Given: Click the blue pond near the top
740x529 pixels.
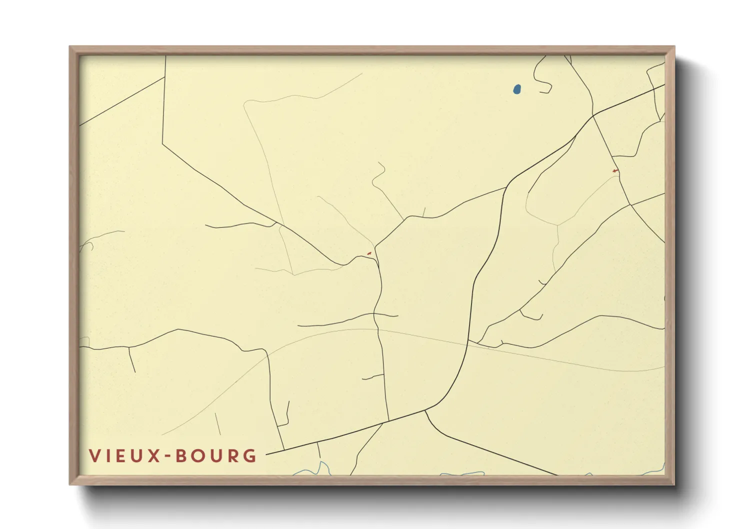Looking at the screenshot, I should tap(517, 89).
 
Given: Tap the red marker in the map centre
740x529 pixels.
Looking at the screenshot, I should tap(369, 254).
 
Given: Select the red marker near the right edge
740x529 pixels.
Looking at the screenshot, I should tap(615, 171).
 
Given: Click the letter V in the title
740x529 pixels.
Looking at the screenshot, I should tap(94, 455).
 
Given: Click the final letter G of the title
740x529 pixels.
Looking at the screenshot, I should tap(249, 455).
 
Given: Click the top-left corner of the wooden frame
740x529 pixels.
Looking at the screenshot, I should tap(70, 47).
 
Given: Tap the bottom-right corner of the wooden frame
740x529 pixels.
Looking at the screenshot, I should tap(674, 484).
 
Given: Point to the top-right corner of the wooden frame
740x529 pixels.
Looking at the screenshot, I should tap(674, 47).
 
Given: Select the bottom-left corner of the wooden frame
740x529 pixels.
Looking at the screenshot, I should tap(70, 484).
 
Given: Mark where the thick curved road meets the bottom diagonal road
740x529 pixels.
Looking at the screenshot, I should tap(425, 410).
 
